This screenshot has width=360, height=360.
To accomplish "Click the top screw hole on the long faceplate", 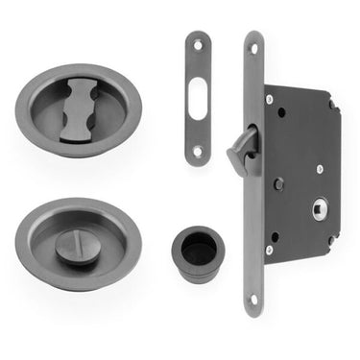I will click(254, 46).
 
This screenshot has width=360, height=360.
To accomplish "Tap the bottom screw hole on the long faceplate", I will click(254, 299).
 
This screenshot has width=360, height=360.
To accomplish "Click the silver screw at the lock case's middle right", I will click(320, 169).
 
